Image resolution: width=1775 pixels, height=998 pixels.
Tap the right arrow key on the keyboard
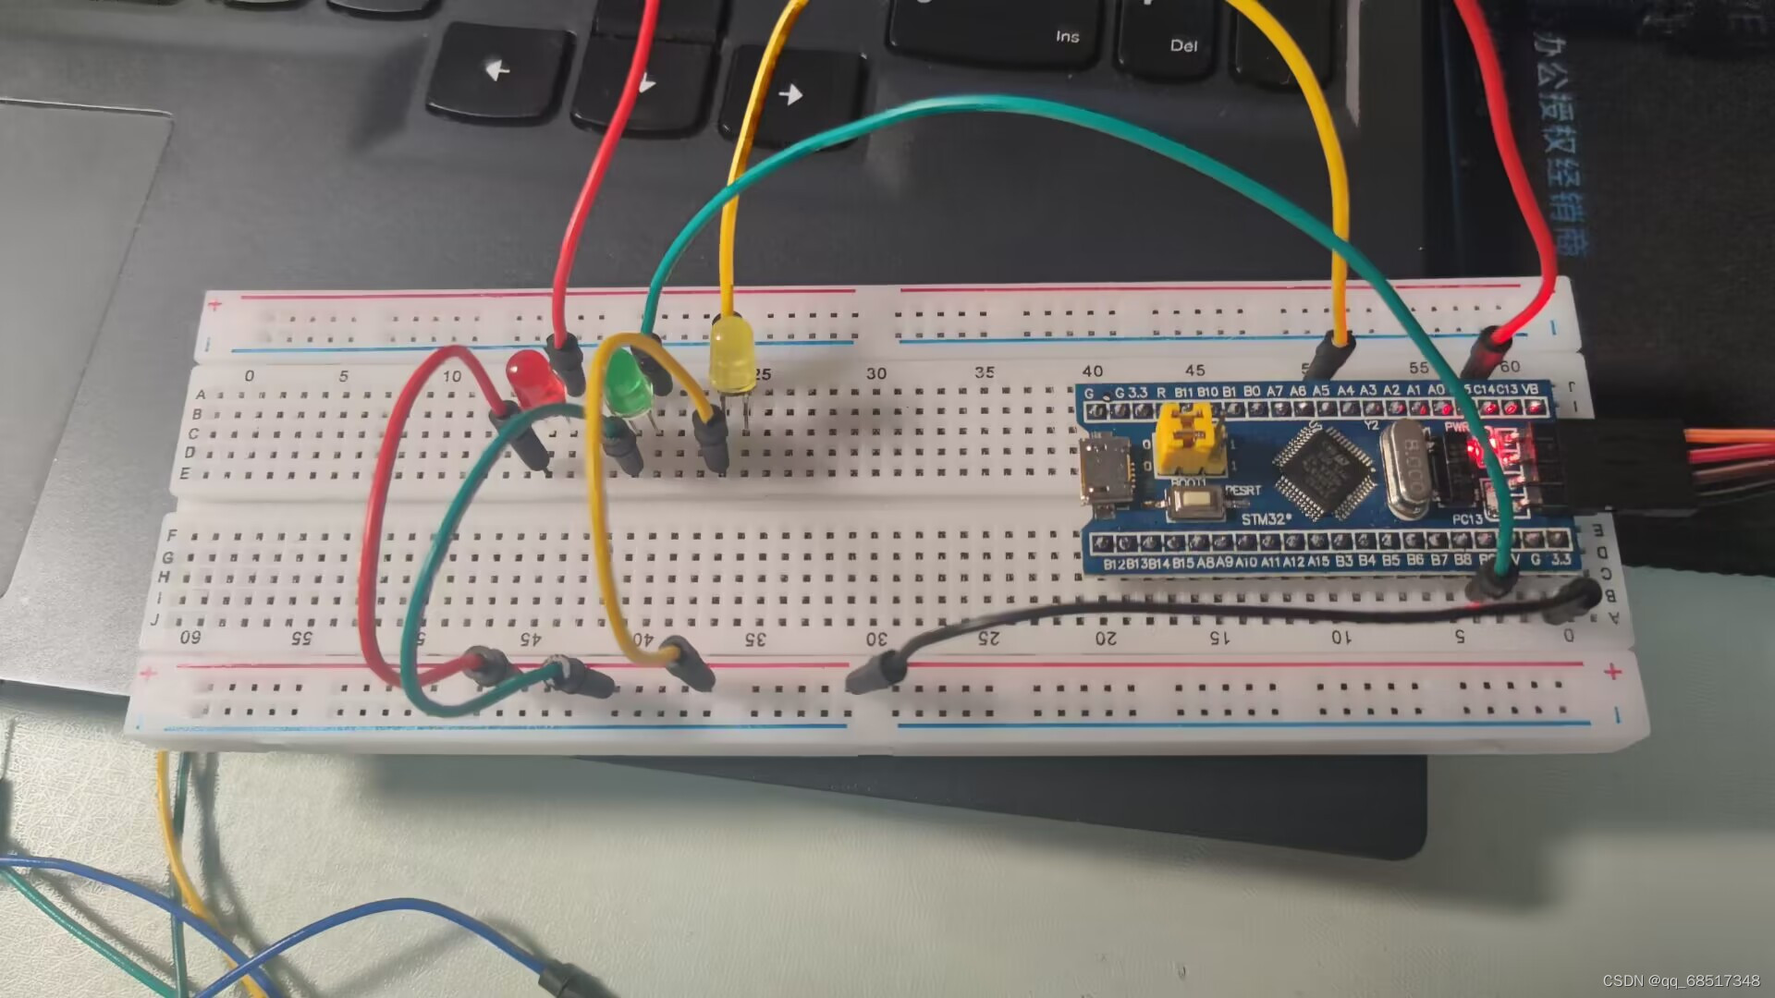click(x=790, y=93)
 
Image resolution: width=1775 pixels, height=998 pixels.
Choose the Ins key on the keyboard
click(x=1068, y=36)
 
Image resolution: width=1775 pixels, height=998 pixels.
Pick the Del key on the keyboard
click(x=1184, y=45)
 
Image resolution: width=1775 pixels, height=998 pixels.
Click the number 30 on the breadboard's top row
click(x=875, y=373)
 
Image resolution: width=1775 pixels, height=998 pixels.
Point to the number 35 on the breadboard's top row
click(x=985, y=371)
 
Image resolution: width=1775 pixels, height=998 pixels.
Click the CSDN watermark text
click(x=1680, y=980)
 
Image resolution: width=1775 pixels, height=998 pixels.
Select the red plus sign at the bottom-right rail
click(x=1613, y=672)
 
